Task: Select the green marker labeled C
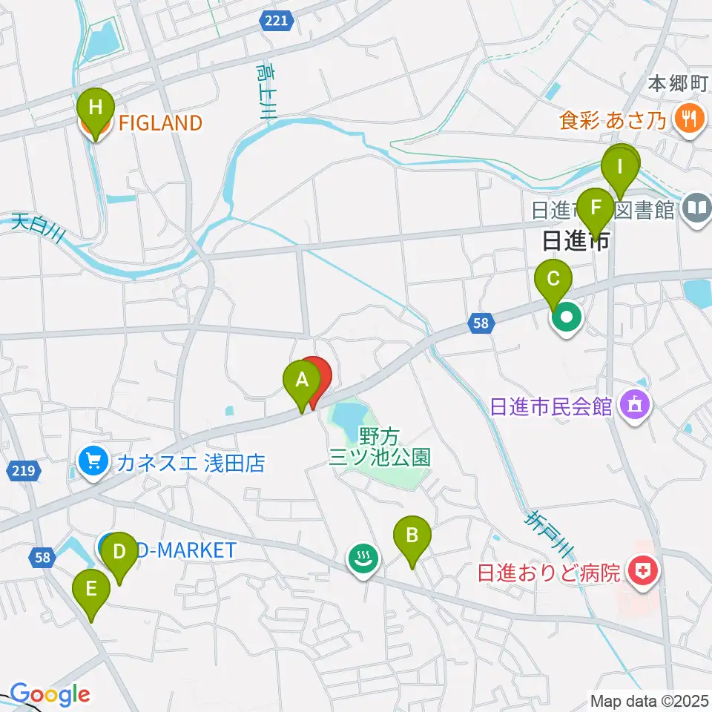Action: coord(554,280)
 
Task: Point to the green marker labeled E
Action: coord(91,590)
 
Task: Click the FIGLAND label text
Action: coord(160,123)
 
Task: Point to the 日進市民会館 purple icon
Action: coord(636,406)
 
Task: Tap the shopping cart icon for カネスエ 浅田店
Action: coord(93,463)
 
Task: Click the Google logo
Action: coord(50,695)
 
